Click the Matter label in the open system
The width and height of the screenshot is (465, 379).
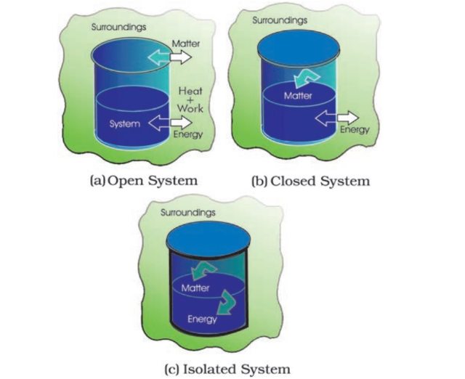tap(185, 44)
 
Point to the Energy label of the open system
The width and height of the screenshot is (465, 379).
tap(187, 134)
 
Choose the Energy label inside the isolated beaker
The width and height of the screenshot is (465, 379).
tap(202, 319)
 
